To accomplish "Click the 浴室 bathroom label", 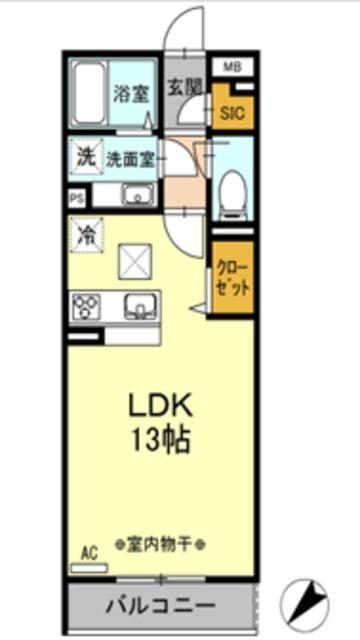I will (x=131, y=95).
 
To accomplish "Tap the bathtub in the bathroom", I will (x=90, y=94).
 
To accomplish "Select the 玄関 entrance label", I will (x=182, y=88).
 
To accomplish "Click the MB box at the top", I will (x=232, y=68).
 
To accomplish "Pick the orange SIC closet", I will (x=232, y=110).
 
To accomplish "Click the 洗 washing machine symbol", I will (x=86, y=157).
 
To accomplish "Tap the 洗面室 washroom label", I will (x=129, y=157).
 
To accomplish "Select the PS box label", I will (x=77, y=198).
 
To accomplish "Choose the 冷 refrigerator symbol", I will (x=87, y=238).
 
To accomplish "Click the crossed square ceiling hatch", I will (x=134, y=261).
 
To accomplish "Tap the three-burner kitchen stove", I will (x=85, y=306).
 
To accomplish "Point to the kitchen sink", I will (x=137, y=306).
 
